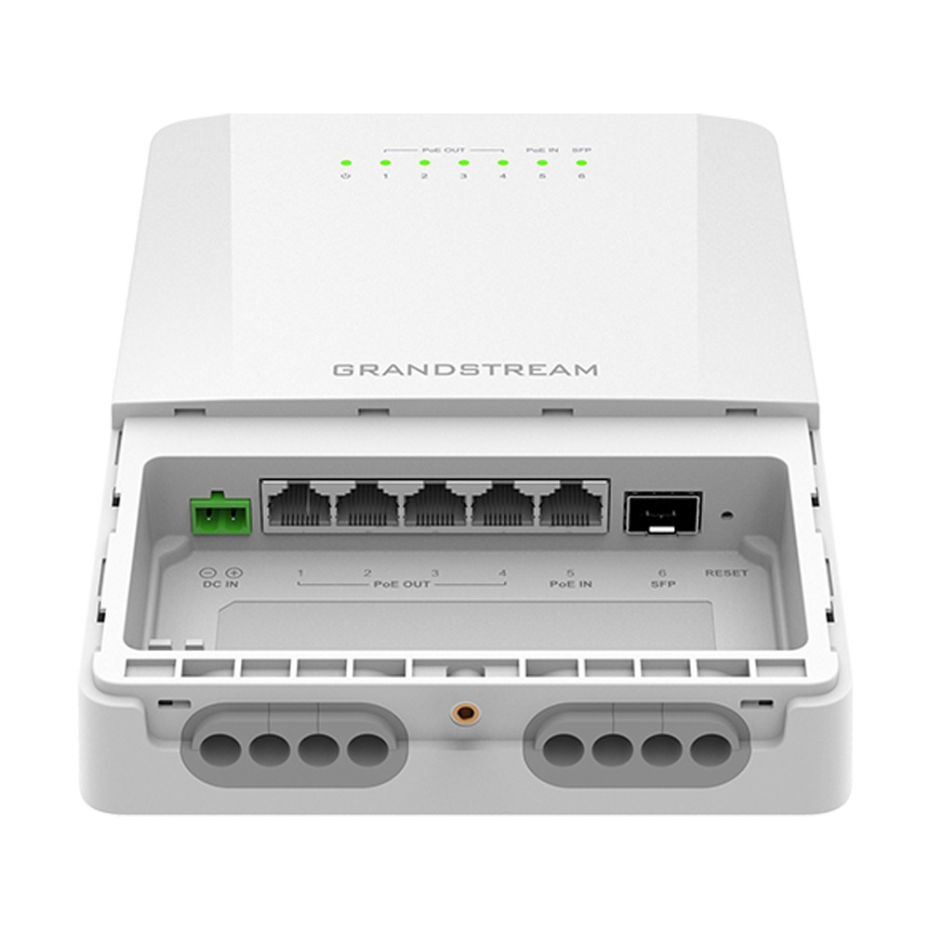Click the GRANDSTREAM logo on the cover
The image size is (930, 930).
(x=465, y=369)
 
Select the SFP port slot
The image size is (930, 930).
(x=658, y=512)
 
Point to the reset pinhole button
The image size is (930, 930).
(x=724, y=512)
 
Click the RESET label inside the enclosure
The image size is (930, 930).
(x=725, y=573)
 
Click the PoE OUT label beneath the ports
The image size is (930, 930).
(x=401, y=585)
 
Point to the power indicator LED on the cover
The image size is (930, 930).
(x=345, y=162)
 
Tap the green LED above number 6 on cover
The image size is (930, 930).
(x=581, y=162)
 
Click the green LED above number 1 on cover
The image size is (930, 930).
(x=384, y=162)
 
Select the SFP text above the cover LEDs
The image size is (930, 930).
(x=582, y=149)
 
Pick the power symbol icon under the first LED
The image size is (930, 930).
(x=345, y=176)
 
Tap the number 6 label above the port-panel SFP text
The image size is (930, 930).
(x=661, y=573)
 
